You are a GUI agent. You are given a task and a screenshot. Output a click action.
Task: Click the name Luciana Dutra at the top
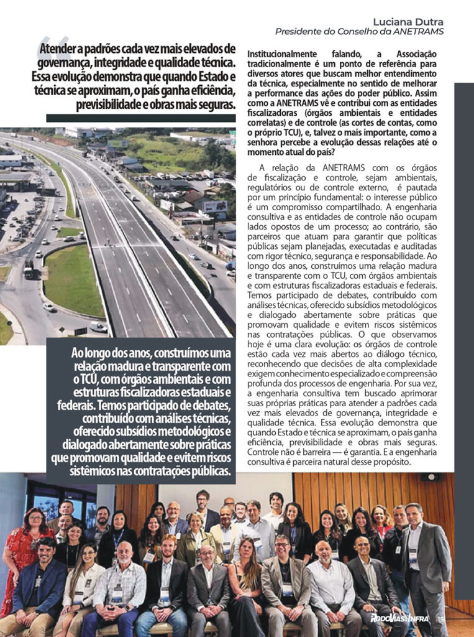tap(408, 21)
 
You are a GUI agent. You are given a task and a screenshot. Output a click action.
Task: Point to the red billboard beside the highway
tap(215, 206)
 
